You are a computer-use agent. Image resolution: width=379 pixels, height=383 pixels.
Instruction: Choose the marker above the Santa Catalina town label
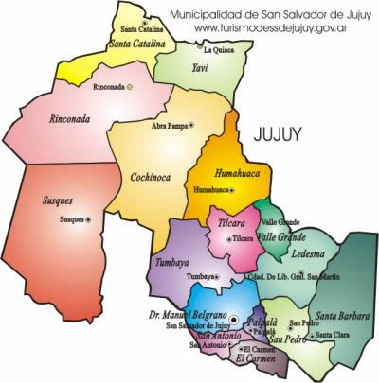click(x=144, y=21)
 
